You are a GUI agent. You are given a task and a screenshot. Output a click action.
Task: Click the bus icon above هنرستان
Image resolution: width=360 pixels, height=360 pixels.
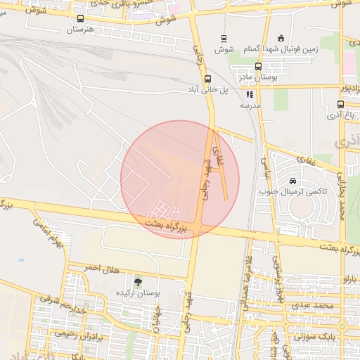(79, 20)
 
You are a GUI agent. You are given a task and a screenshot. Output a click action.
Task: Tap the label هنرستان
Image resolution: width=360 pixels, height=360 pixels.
(80, 30)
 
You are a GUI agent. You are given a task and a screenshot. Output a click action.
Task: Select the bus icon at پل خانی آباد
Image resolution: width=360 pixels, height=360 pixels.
(207, 79)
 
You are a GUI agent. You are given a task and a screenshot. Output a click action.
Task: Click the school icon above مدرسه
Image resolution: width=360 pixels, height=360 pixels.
(250, 94)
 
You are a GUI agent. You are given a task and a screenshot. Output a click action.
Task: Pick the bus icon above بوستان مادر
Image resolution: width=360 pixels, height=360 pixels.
(258, 67)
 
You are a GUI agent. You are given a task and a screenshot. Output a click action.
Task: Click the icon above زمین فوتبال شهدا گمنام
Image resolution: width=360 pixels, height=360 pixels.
(281, 38)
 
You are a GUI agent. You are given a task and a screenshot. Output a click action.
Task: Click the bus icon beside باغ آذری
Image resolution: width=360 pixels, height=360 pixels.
(341, 105)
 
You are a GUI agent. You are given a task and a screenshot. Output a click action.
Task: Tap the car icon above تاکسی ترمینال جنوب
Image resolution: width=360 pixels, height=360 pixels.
(292, 181)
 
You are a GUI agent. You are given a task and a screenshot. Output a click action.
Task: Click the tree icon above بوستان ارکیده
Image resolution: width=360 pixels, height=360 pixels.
(137, 281)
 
